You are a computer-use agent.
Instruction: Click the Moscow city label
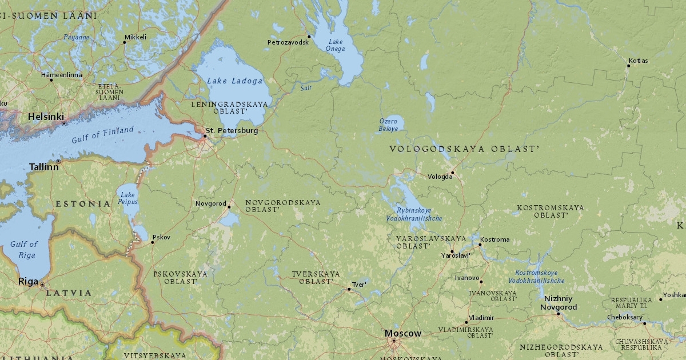click(x=402, y=333)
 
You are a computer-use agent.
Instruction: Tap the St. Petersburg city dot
click(x=205, y=136)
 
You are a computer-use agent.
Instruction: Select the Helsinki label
click(x=46, y=116)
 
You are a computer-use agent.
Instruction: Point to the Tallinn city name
click(x=44, y=167)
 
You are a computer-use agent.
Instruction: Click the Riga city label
click(x=28, y=281)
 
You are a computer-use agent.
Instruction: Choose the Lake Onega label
click(x=336, y=45)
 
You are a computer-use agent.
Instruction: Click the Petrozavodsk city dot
click(x=309, y=36)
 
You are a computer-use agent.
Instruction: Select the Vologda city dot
click(x=452, y=172)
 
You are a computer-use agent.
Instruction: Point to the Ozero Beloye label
click(x=388, y=125)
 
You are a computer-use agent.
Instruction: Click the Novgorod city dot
click(x=229, y=206)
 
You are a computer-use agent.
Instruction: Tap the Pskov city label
click(x=161, y=237)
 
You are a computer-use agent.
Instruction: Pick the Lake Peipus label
click(x=128, y=198)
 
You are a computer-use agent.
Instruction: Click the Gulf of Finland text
click(x=102, y=135)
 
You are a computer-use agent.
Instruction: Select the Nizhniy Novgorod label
click(x=560, y=303)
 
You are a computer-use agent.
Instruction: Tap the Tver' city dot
click(x=349, y=289)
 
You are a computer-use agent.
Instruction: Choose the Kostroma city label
click(x=494, y=239)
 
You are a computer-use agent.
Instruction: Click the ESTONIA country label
click(x=83, y=203)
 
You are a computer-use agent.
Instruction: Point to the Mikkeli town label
click(x=135, y=37)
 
